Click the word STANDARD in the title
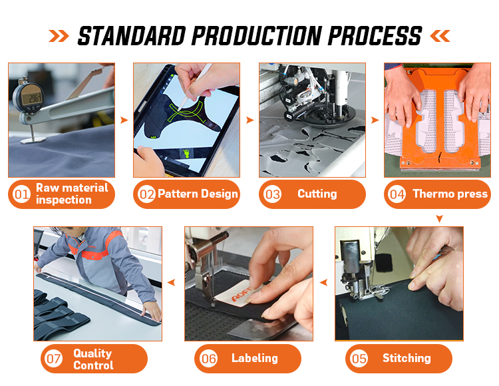132,36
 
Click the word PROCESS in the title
375,36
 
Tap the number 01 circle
22,194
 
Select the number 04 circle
397,194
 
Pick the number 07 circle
53,359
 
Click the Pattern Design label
198,194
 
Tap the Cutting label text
317,194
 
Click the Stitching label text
407,358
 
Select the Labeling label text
255,358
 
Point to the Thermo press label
450,194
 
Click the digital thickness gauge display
31,98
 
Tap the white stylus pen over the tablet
195,87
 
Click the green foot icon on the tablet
186,154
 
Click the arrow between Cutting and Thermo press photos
375,120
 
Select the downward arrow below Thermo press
440,218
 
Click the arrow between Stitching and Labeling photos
323,282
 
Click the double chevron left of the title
59,36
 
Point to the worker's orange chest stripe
95,254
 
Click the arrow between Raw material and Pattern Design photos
124,120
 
